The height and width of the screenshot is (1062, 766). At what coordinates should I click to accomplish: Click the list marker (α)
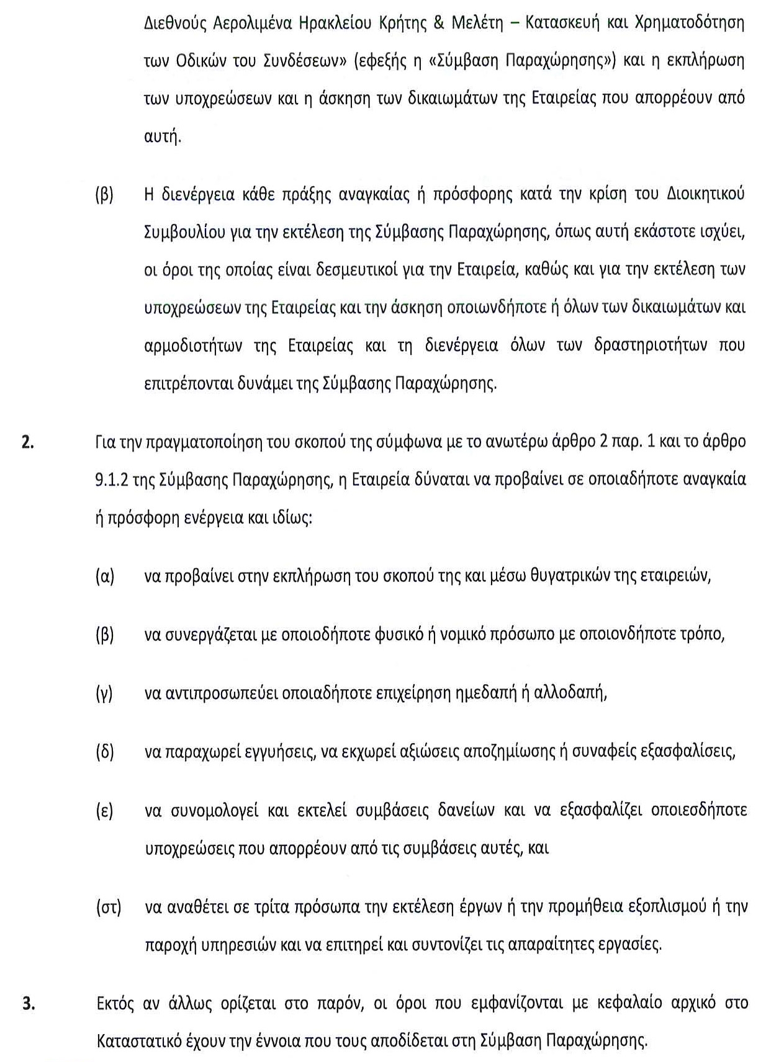[105, 576]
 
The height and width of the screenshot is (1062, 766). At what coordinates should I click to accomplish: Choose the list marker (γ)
[104, 693]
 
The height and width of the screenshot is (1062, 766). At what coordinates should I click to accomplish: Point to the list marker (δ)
[105, 752]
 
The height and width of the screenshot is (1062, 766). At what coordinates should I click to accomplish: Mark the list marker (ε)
[104, 811]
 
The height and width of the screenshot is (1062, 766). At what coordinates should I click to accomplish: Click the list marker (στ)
[108, 908]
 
